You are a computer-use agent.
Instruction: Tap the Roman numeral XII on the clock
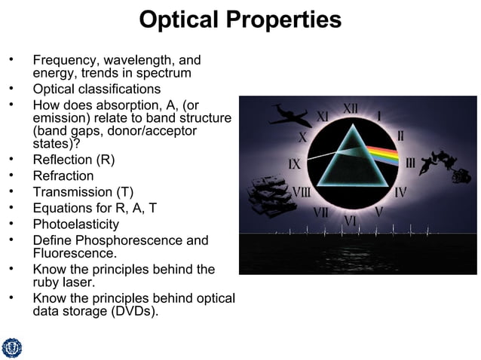[x=351, y=109]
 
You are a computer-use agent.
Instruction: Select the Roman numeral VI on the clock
[x=350, y=220]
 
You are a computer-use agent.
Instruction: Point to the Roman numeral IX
[x=296, y=163]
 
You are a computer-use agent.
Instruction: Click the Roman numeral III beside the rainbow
[x=411, y=163]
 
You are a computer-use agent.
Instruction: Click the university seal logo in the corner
[x=12, y=347]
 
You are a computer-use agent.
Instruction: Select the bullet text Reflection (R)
[x=74, y=160]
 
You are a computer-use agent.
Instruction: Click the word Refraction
[x=63, y=175]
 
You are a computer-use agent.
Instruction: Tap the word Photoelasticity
[x=76, y=224]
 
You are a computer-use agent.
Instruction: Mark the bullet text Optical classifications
[x=97, y=89]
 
